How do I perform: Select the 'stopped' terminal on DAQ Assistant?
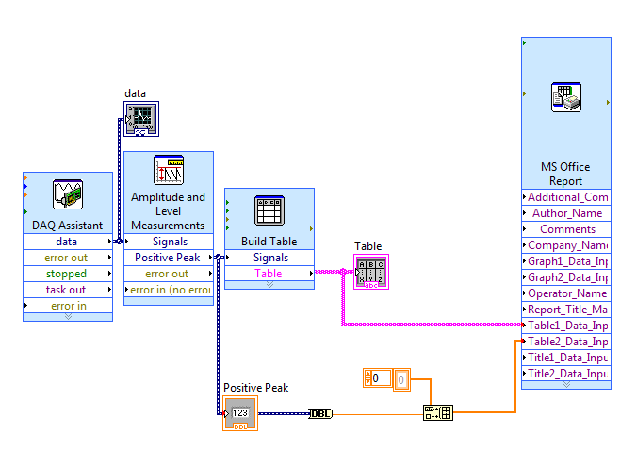67,274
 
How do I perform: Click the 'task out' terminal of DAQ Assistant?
67,290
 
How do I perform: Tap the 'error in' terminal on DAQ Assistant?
68,306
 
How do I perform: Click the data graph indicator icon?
141,118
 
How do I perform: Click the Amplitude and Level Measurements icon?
168,170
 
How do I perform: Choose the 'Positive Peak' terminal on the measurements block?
168,258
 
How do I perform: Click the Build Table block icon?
269,210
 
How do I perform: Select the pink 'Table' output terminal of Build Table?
269,274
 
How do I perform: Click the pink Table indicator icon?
371,272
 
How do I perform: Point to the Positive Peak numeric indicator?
240,413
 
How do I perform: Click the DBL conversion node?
320,413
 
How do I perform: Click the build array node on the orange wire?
438,412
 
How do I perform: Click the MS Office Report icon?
566,98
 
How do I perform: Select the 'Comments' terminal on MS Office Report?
567,229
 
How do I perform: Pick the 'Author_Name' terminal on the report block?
567,213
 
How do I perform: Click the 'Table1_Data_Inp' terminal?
567,326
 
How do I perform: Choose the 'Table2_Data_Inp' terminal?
567,342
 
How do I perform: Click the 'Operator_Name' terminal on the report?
567,293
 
